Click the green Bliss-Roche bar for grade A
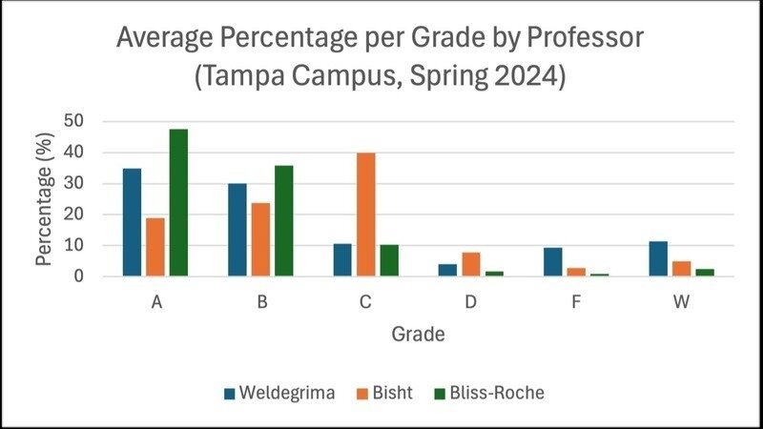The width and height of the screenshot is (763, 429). pyautogui.click(x=178, y=203)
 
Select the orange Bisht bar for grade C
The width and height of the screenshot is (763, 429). pyautogui.click(x=366, y=214)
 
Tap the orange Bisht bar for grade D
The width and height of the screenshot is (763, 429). pyautogui.click(x=471, y=266)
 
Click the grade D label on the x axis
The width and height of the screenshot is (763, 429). pyautogui.click(x=471, y=301)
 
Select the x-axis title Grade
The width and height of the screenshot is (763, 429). pyautogui.click(x=419, y=335)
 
